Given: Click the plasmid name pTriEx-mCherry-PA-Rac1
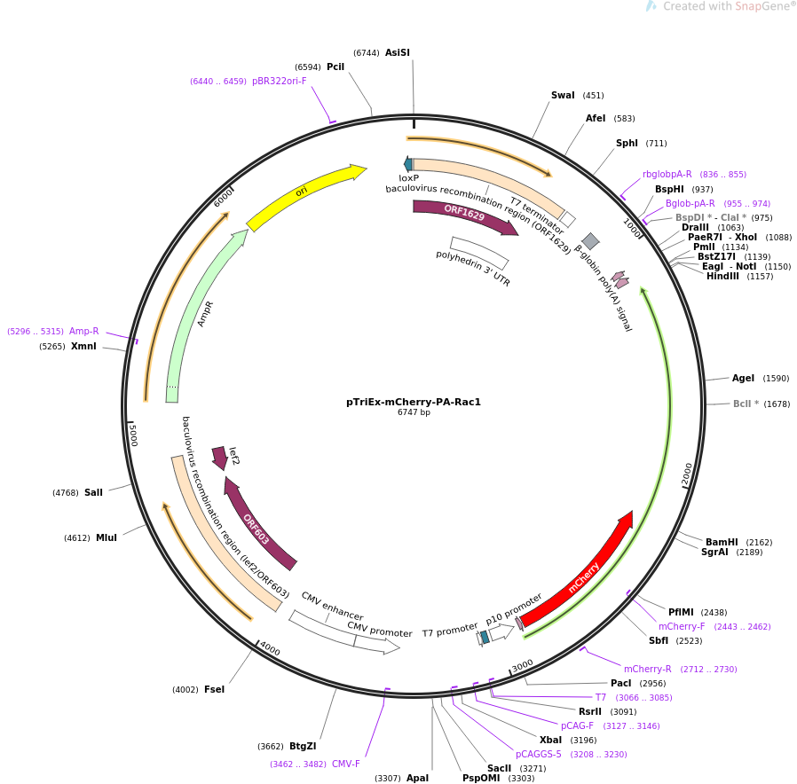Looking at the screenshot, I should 414,402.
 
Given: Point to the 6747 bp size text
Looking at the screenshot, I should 414,412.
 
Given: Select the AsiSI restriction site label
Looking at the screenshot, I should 398,53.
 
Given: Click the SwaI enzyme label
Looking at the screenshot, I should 563,96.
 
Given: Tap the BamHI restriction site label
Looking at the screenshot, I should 722,542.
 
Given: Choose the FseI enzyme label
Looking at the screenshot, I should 214,689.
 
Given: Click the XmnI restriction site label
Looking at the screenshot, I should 83,346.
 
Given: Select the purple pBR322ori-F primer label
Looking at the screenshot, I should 279,81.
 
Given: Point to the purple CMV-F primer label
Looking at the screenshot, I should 346,764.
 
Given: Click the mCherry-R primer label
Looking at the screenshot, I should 648,669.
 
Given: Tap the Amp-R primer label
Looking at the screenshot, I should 84,331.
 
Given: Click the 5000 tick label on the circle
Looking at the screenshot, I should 133,435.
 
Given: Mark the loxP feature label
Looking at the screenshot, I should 408,178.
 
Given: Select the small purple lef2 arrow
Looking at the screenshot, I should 219,458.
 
